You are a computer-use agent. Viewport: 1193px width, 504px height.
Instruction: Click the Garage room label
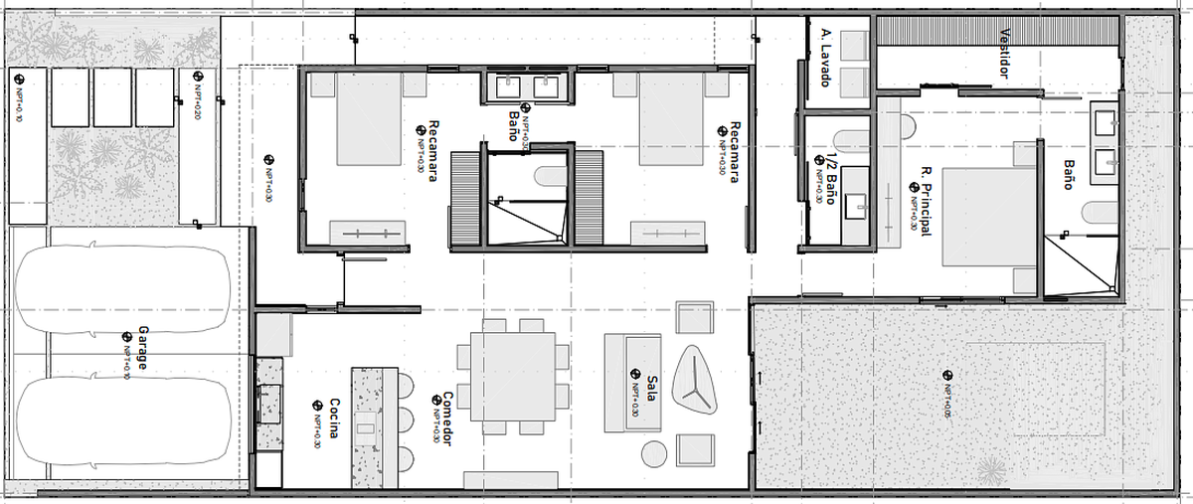click(x=142, y=349)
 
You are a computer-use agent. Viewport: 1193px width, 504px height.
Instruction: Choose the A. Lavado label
click(x=824, y=58)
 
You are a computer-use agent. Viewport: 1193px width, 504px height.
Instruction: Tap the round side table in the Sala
click(x=654, y=452)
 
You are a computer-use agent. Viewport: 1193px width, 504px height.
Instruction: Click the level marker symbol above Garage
click(x=126, y=337)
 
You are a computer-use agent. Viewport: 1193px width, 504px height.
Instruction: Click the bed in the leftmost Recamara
click(x=368, y=118)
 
